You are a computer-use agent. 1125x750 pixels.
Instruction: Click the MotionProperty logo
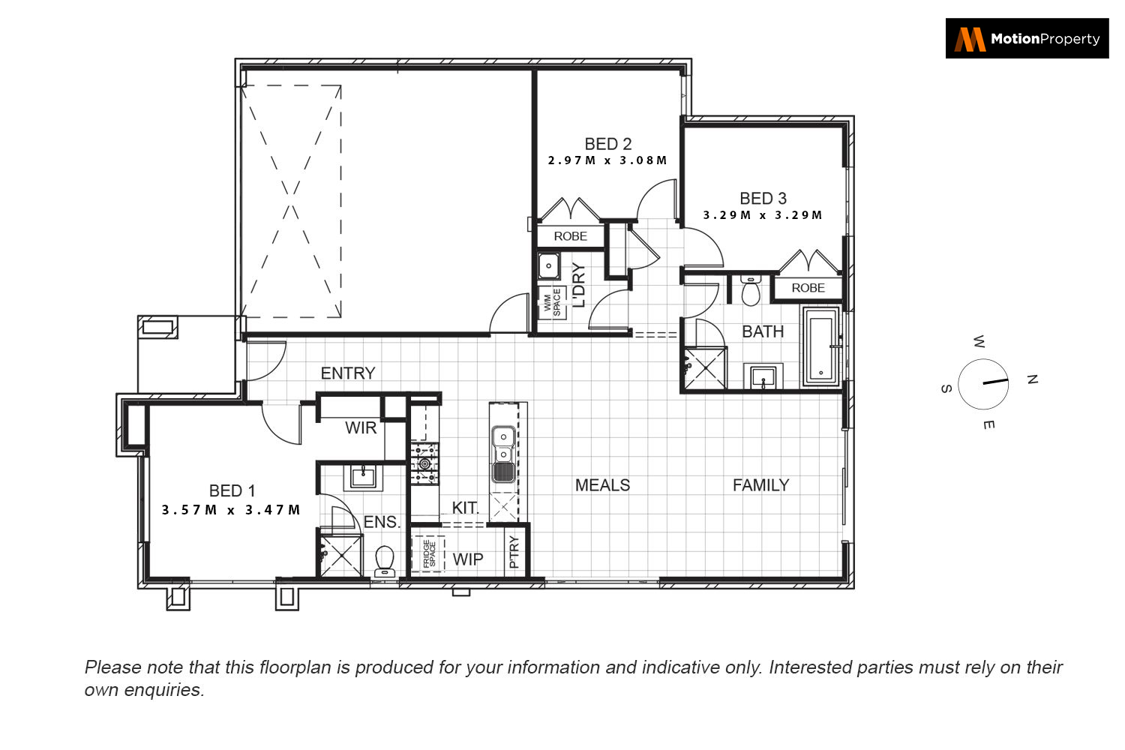tap(1027, 39)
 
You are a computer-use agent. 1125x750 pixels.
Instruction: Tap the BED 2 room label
tap(607, 144)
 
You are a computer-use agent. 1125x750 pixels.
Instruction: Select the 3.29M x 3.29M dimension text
tap(763, 215)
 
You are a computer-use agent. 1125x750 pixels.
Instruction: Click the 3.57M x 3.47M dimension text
tap(231, 510)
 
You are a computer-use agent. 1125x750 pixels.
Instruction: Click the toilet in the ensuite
tap(385, 561)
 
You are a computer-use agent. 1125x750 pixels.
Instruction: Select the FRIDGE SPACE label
tap(429, 553)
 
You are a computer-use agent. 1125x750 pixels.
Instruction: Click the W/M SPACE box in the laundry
tap(552, 302)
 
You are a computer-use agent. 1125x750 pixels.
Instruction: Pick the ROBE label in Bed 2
tap(570, 236)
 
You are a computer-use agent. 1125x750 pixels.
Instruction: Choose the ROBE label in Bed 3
tap(808, 288)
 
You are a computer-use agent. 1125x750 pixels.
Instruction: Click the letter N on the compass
tap(1032, 379)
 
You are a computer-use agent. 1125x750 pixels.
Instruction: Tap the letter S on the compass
tap(946, 388)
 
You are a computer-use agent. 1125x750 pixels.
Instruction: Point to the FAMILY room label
tap(761, 485)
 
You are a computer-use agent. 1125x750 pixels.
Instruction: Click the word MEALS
tap(602, 485)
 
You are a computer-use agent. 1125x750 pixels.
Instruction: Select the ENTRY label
tap(348, 373)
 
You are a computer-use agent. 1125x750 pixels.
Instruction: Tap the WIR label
tap(361, 428)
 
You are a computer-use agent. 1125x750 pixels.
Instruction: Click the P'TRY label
tap(514, 551)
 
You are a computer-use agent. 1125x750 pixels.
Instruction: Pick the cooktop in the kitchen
tap(424, 463)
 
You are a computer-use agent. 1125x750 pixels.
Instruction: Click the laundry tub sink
tap(548, 265)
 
